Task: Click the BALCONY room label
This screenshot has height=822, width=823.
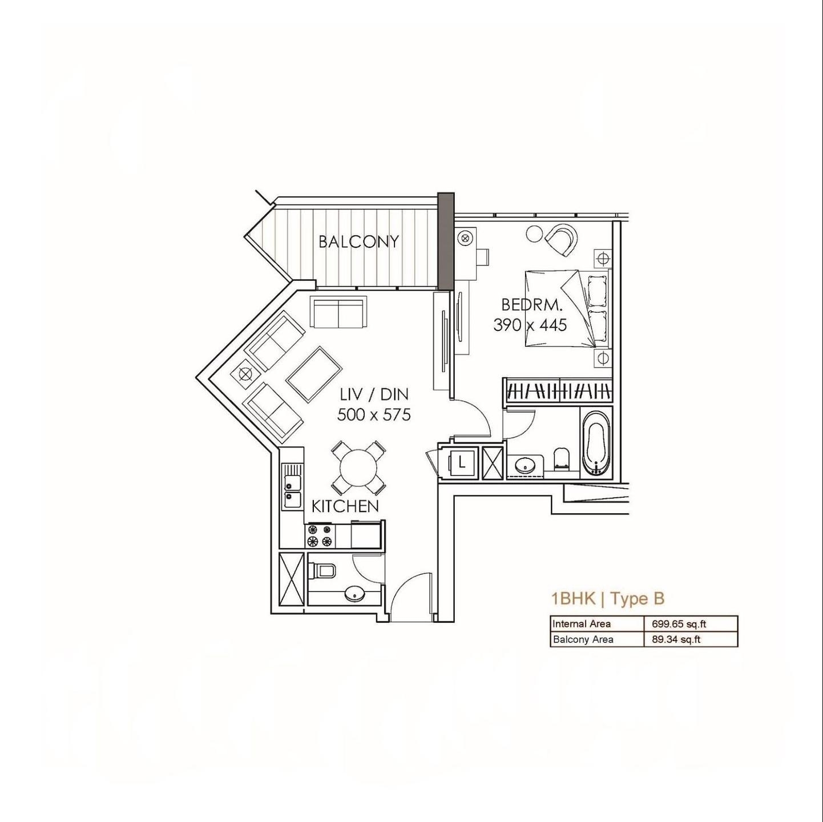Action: pyautogui.click(x=358, y=242)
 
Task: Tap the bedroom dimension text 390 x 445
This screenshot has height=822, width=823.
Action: pyautogui.click(x=530, y=325)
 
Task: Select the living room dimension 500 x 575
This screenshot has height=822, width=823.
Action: pyautogui.click(x=374, y=414)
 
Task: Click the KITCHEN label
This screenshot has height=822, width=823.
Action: pyautogui.click(x=345, y=507)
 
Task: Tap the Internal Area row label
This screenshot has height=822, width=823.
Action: pyautogui.click(x=581, y=624)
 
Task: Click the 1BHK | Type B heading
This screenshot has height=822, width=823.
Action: pyautogui.click(x=608, y=599)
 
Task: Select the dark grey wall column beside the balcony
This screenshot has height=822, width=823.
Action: pyautogui.click(x=446, y=242)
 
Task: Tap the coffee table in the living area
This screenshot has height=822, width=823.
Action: pyautogui.click(x=314, y=374)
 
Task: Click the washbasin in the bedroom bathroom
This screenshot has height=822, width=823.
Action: pyautogui.click(x=525, y=466)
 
